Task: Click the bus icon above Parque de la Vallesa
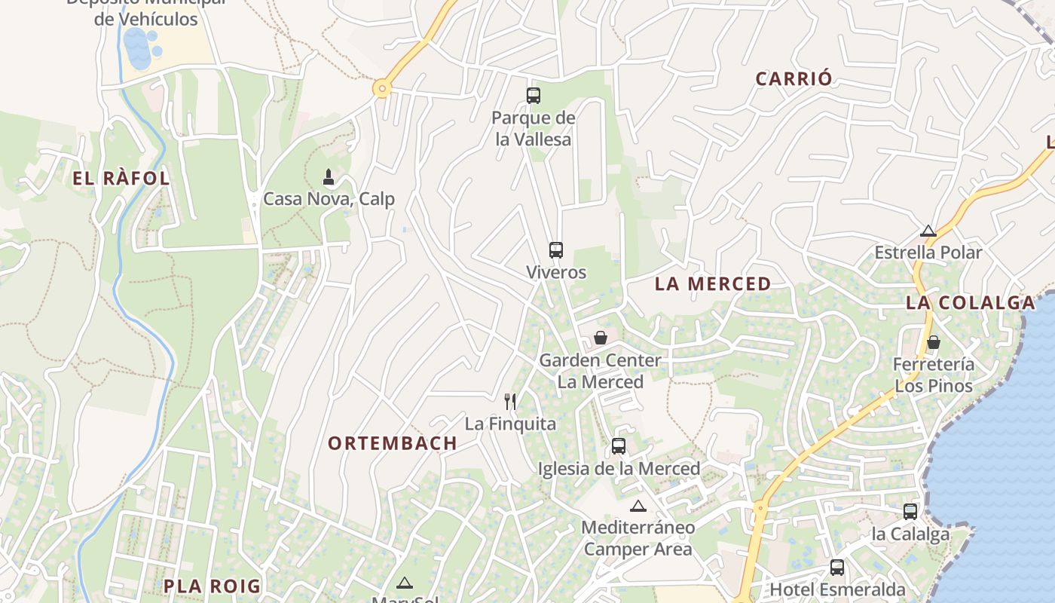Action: tap(534, 96)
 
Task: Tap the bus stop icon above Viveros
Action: tap(556, 250)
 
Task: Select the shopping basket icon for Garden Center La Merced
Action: tap(601, 338)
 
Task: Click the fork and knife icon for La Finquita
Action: tap(511, 401)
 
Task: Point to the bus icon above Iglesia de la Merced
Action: tap(619, 446)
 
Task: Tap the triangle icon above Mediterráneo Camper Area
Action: tap(638, 506)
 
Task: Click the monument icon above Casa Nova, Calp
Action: tap(329, 177)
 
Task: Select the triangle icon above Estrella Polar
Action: tap(928, 231)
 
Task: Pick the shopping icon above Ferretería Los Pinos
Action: tap(934, 342)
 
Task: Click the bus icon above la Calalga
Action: tap(910, 512)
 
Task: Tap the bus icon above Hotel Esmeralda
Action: tap(837, 568)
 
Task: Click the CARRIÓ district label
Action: tap(794, 78)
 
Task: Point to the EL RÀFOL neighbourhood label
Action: tap(121, 179)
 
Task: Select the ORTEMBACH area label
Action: tap(393, 443)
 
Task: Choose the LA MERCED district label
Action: tap(713, 284)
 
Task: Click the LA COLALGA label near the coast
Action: tap(971, 303)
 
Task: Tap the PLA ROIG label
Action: tap(212, 586)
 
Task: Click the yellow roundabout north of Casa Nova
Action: tap(383, 89)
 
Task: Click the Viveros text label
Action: tap(556, 272)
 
